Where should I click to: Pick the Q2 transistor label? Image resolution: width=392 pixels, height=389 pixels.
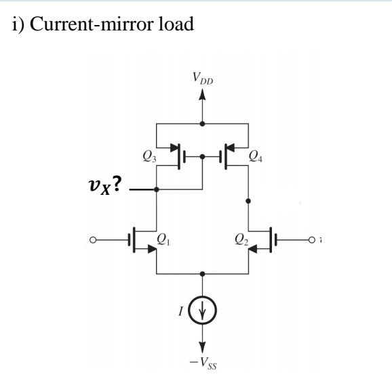pyautogui.click(x=239, y=239)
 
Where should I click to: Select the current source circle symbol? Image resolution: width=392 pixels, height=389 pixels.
pyautogui.click(x=201, y=313)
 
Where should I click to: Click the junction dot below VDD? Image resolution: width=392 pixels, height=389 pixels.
pyautogui.click(x=201, y=124)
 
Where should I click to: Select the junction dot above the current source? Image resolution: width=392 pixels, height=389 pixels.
pyautogui.click(x=201, y=274)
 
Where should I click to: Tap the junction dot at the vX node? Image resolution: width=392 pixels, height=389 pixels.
pyautogui.click(x=157, y=190)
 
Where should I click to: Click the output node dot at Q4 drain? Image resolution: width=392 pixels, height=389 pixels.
pyautogui.click(x=248, y=201)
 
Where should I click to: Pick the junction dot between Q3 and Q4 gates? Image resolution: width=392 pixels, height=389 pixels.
pyautogui.click(x=203, y=156)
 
